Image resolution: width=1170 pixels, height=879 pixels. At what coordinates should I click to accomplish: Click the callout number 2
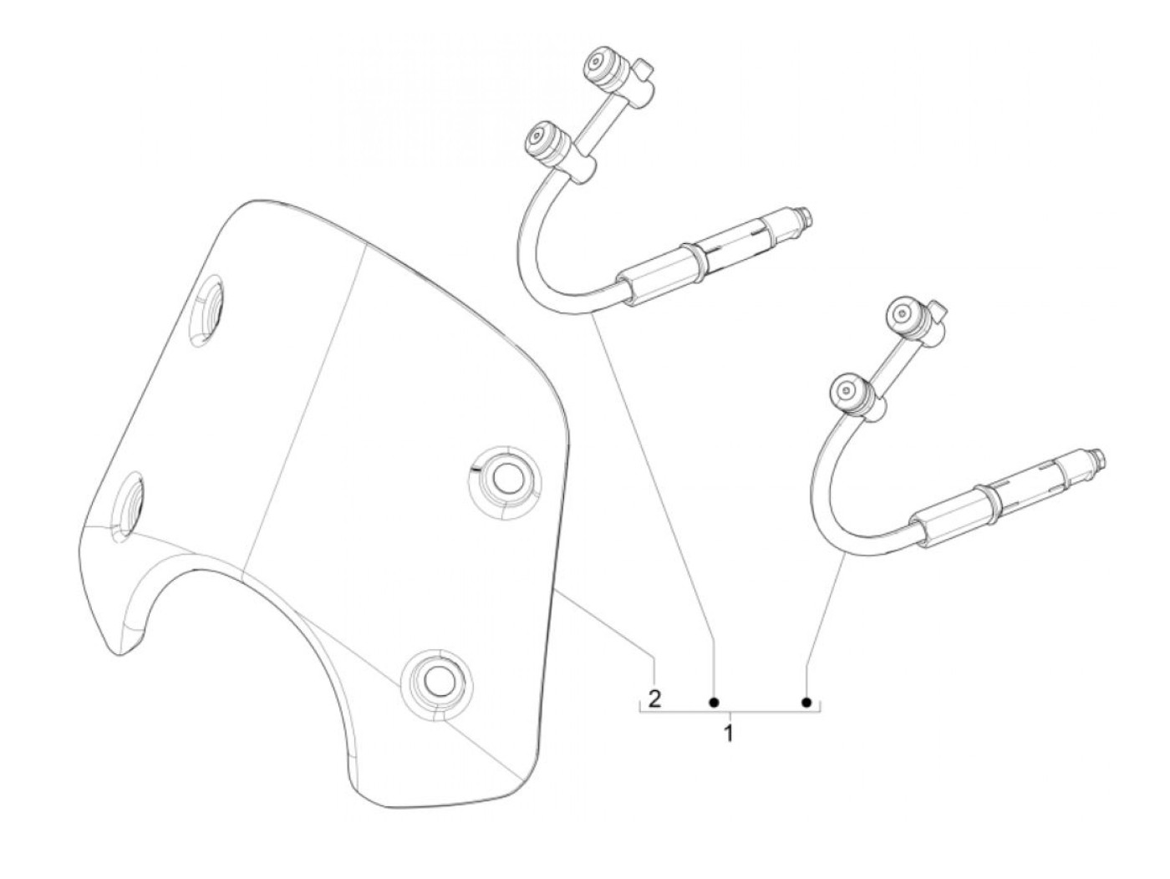(x=654, y=698)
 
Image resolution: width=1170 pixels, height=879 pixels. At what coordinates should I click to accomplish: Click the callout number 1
(x=729, y=734)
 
